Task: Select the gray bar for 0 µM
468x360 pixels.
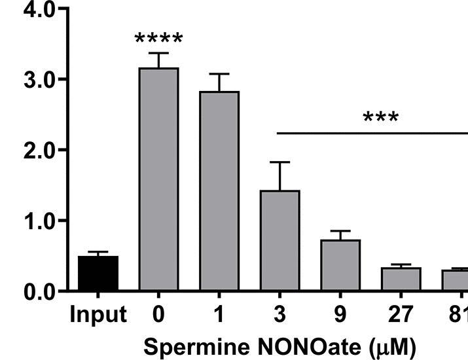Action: point(158,179)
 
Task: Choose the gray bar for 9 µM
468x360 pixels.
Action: point(340,265)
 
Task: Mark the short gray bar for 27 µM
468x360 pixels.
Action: point(401,279)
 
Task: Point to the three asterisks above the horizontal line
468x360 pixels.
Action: point(380,118)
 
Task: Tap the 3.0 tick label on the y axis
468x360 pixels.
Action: point(31,80)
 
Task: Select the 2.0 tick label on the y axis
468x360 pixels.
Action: point(31,151)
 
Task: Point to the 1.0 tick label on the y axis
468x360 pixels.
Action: point(31,221)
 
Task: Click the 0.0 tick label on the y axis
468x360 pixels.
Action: point(31,292)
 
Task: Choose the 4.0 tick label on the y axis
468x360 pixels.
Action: point(31,10)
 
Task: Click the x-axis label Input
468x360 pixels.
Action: point(98,315)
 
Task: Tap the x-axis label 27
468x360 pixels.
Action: point(401,315)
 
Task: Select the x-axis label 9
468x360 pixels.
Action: point(340,315)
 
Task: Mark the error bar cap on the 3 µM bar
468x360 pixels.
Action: point(279,162)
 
